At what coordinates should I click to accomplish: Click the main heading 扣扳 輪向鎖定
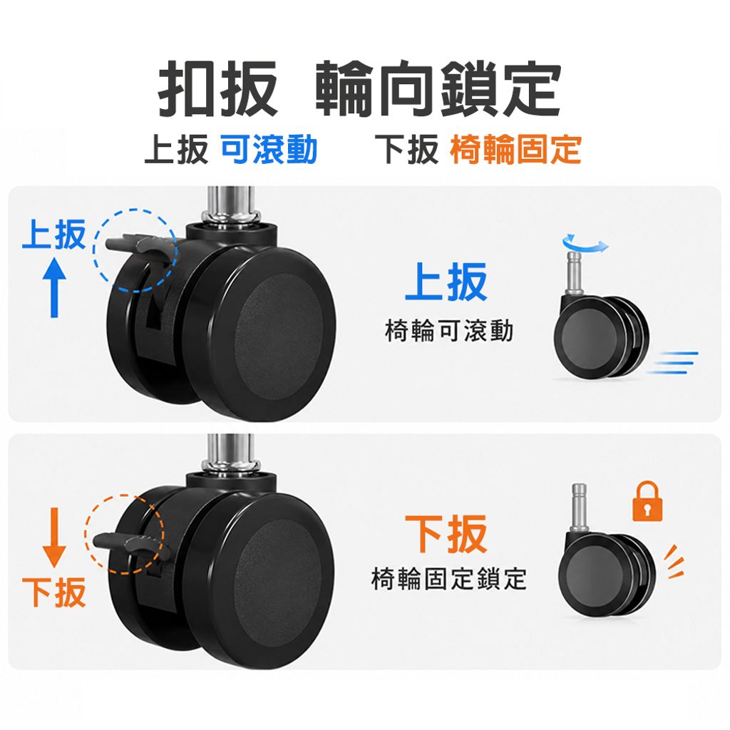[x=359, y=88]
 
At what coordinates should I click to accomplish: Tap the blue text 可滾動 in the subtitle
[x=269, y=150]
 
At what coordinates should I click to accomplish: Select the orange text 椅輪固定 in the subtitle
[x=516, y=150]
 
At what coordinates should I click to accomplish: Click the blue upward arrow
[x=54, y=288]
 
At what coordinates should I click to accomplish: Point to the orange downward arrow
[x=54, y=538]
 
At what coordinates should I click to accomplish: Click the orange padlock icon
[x=647, y=501]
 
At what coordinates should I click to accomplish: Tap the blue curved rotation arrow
[x=585, y=244]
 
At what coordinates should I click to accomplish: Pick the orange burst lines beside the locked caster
[x=674, y=562]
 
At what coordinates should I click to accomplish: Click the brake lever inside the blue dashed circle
[x=140, y=248]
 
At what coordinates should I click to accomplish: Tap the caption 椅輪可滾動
[x=449, y=331]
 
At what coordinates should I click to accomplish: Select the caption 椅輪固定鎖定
[x=449, y=579]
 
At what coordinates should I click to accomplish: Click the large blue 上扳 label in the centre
[x=446, y=281]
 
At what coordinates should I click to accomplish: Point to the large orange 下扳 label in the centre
[x=446, y=534]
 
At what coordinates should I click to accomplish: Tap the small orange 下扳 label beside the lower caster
[x=54, y=592]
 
